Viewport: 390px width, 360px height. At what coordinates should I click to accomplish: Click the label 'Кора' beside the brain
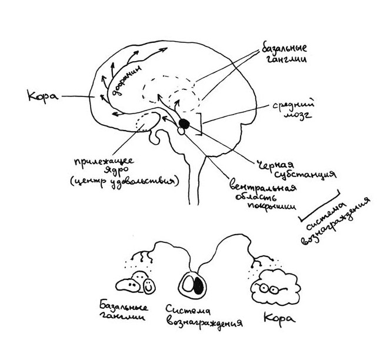coord(42,94)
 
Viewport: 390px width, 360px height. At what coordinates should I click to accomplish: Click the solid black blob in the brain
coord(185,123)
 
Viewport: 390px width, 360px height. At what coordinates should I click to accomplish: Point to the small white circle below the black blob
coord(180,132)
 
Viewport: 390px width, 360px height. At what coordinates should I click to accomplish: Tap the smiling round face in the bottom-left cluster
coord(149,285)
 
